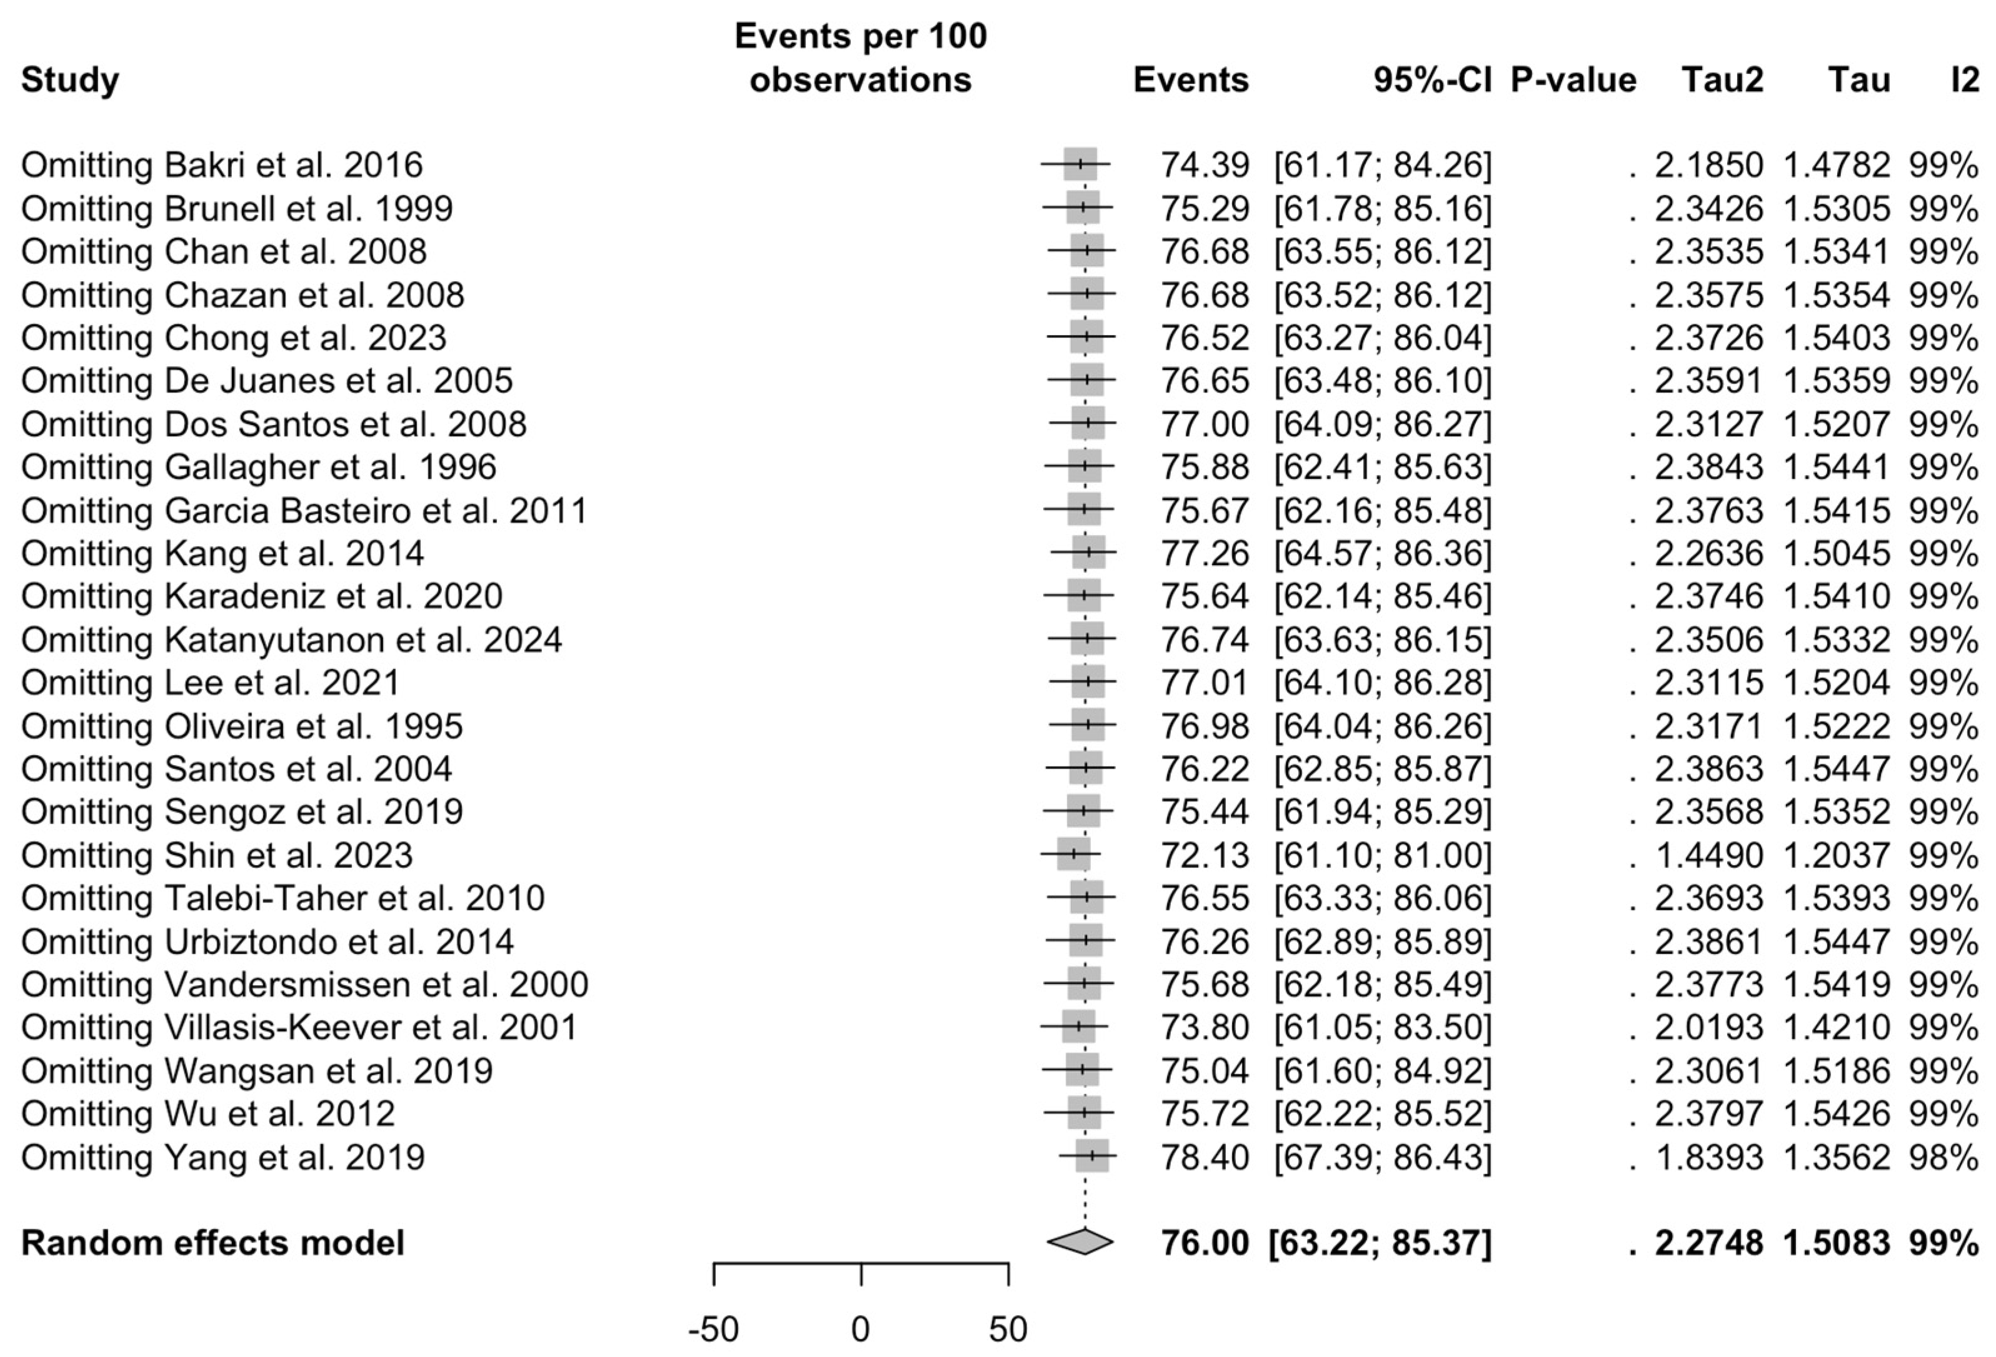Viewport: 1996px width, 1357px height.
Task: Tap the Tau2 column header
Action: (x=1722, y=80)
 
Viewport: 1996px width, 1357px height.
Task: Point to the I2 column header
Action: (x=1964, y=80)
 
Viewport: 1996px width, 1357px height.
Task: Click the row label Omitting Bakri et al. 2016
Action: (x=221, y=165)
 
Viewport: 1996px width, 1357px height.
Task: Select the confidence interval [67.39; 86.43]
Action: (x=1382, y=1157)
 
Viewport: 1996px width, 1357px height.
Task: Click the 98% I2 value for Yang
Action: (x=1943, y=1157)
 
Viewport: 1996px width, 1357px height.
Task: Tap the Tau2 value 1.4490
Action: (x=1708, y=856)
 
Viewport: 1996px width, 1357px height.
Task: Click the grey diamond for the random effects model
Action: (x=1080, y=1242)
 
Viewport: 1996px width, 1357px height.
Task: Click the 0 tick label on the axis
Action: (x=861, y=1329)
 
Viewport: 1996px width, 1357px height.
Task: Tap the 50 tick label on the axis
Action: (x=1008, y=1329)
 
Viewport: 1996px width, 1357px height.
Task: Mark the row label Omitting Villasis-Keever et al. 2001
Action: (x=299, y=1027)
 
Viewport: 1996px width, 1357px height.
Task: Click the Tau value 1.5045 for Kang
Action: (x=1836, y=553)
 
